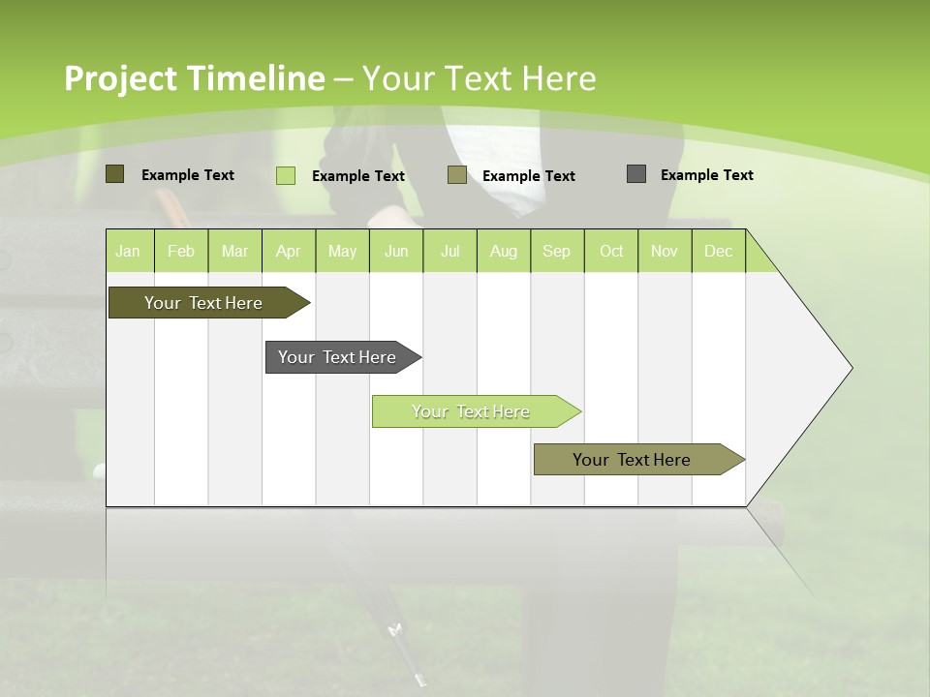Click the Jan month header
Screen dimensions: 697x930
[128, 252]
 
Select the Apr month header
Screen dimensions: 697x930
[289, 252]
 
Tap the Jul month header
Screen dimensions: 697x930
[449, 252]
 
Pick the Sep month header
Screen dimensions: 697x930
[556, 252]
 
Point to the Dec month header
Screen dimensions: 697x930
[718, 252]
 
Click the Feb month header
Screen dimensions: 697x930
[181, 252]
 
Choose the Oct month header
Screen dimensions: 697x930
[611, 252]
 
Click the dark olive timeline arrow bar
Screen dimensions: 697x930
[203, 303]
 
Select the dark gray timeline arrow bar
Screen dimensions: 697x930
[337, 357]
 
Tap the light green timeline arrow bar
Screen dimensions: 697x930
[471, 411]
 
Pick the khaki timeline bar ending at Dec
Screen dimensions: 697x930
[632, 460]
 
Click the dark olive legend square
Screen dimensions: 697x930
[115, 174]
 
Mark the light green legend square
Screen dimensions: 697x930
[286, 175]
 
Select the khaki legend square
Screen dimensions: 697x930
[457, 175]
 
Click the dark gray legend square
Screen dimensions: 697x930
[636, 174]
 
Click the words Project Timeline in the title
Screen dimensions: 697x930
[194, 78]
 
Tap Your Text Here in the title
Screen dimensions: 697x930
[479, 78]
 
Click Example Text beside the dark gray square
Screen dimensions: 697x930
[706, 175]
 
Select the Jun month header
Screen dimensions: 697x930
[396, 252]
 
